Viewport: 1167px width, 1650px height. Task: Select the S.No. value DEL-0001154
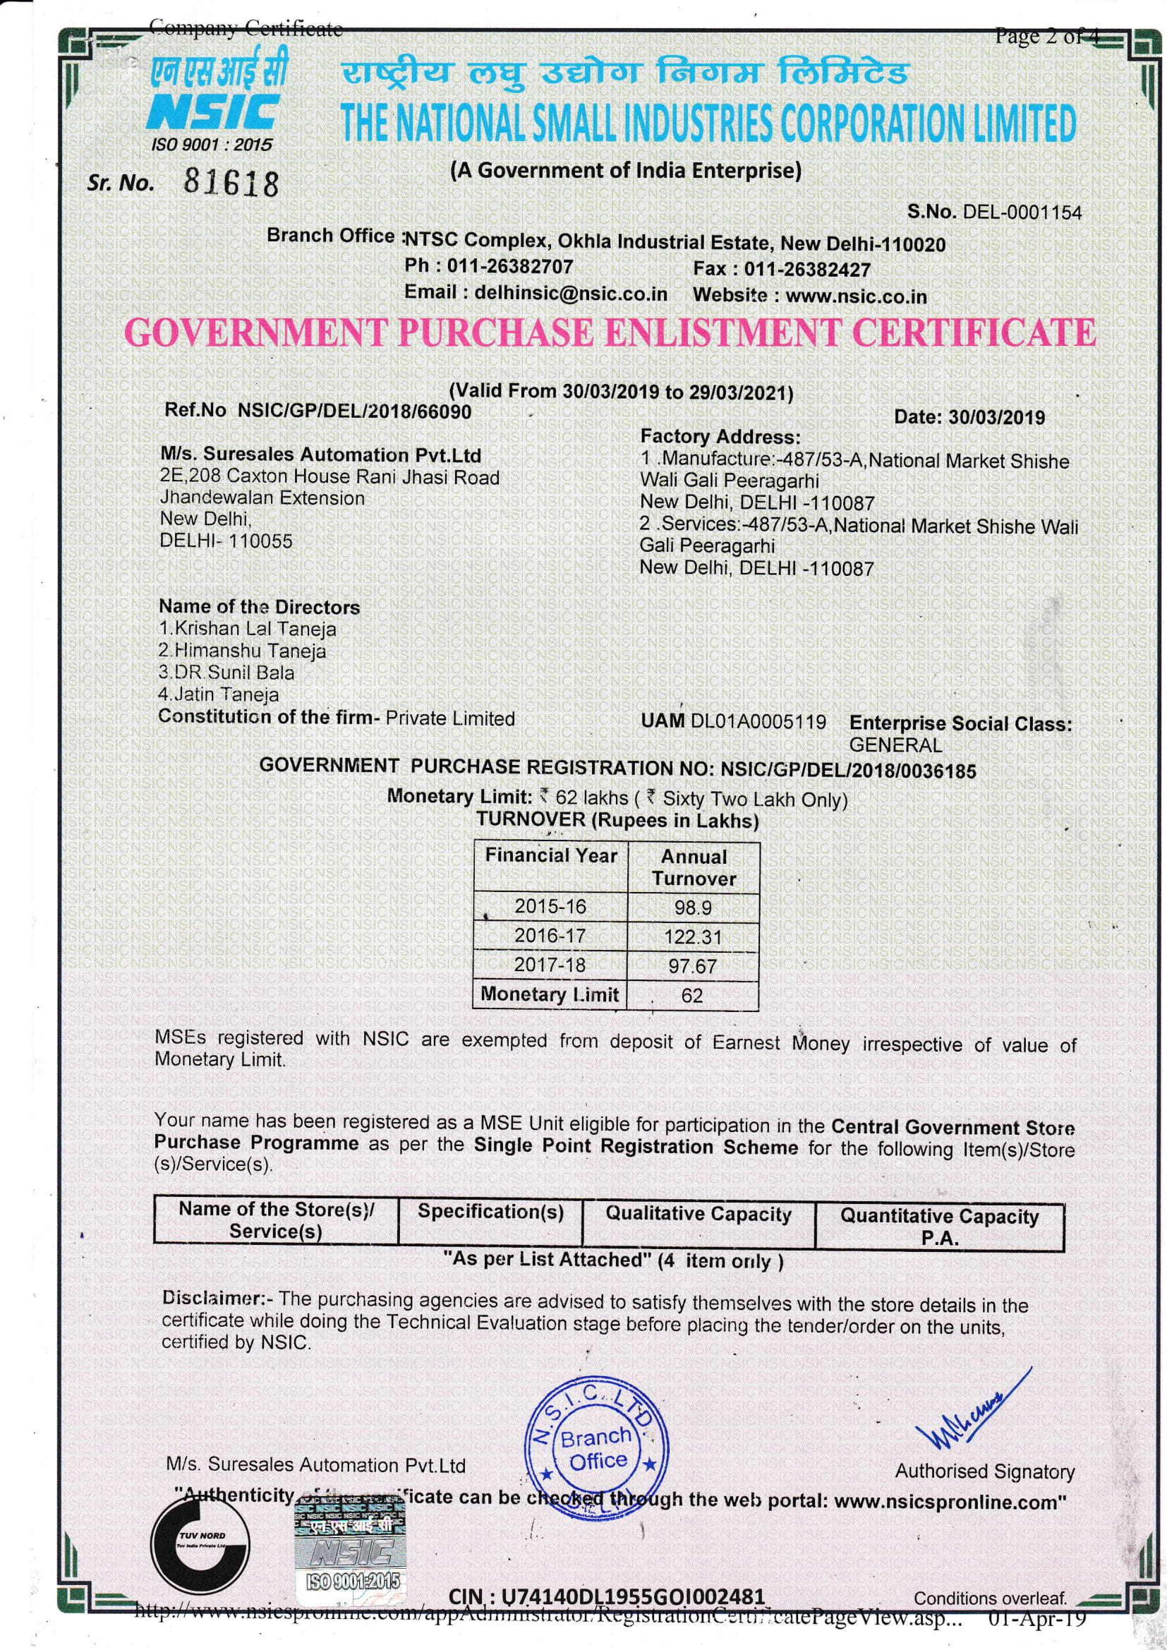(1022, 212)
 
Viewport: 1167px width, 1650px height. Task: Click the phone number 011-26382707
(510, 267)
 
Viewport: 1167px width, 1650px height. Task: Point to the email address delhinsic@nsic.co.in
(571, 293)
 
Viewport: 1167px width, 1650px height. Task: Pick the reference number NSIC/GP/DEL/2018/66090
(354, 411)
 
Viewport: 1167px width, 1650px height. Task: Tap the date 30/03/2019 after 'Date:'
(997, 418)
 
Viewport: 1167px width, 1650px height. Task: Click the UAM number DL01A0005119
(758, 721)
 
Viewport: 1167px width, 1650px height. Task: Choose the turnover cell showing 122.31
(693, 937)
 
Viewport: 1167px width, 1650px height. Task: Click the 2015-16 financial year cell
(550, 907)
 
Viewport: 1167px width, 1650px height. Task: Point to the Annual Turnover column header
(694, 867)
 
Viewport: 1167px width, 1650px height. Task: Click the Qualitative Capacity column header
(699, 1214)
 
